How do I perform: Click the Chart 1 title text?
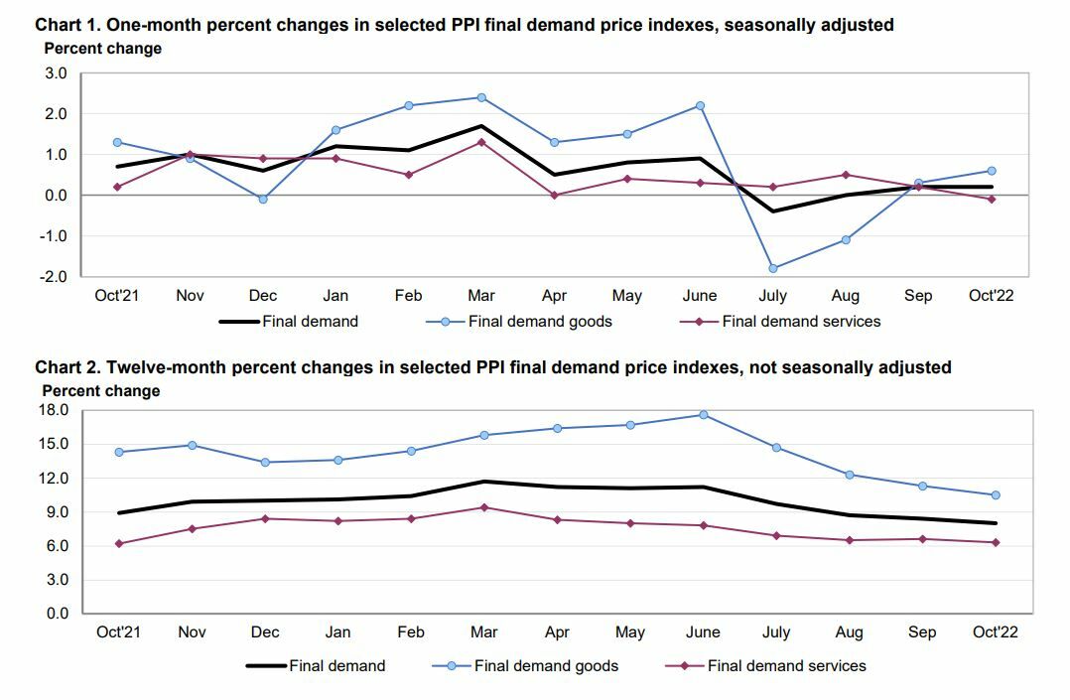pyautogui.click(x=464, y=25)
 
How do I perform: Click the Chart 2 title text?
pyautogui.click(x=492, y=367)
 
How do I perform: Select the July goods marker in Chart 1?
pyautogui.click(x=772, y=268)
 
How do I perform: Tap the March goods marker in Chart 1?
pyautogui.click(x=481, y=97)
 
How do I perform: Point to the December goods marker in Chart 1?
pyautogui.click(x=263, y=200)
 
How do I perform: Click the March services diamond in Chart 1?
pyautogui.click(x=481, y=142)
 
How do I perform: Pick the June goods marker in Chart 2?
pyautogui.click(x=703, y=414)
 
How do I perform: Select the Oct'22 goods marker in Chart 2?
pyautogui.click(x=996, y=495)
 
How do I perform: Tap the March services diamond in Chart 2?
pyautogui.click(x=483, y=507)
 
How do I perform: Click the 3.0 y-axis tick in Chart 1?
pyautogui.click(x=56, y=73)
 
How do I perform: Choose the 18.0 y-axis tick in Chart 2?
pyautogui.click(x=56, y=410)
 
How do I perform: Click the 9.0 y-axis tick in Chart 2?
pyautogui.click(x=56, y=512)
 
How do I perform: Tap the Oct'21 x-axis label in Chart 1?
pyautogui.click(x=116, y=296)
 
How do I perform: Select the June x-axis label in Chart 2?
pyautogui.click(x=705, y=632)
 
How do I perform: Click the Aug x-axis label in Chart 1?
pyautogui.click(x=846, y=296)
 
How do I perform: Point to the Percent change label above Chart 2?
pyautogui.click(x=100, y=391)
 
